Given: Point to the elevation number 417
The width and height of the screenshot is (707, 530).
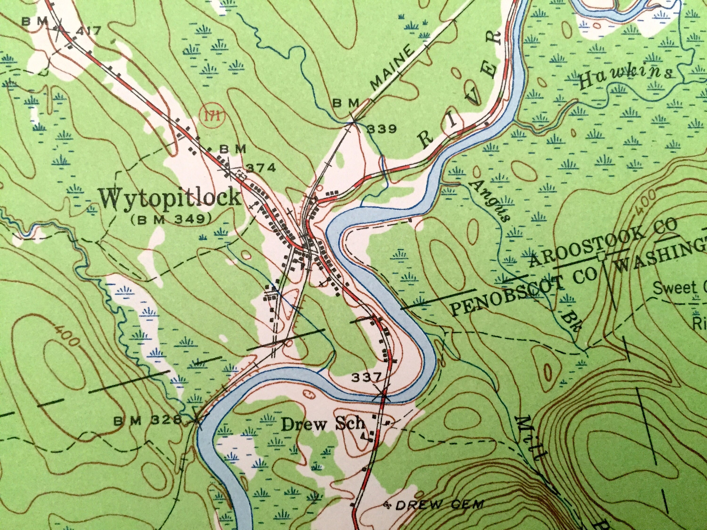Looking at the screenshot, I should pos(86,31).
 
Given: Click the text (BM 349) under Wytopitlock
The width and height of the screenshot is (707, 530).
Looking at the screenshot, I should pos(172,219).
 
